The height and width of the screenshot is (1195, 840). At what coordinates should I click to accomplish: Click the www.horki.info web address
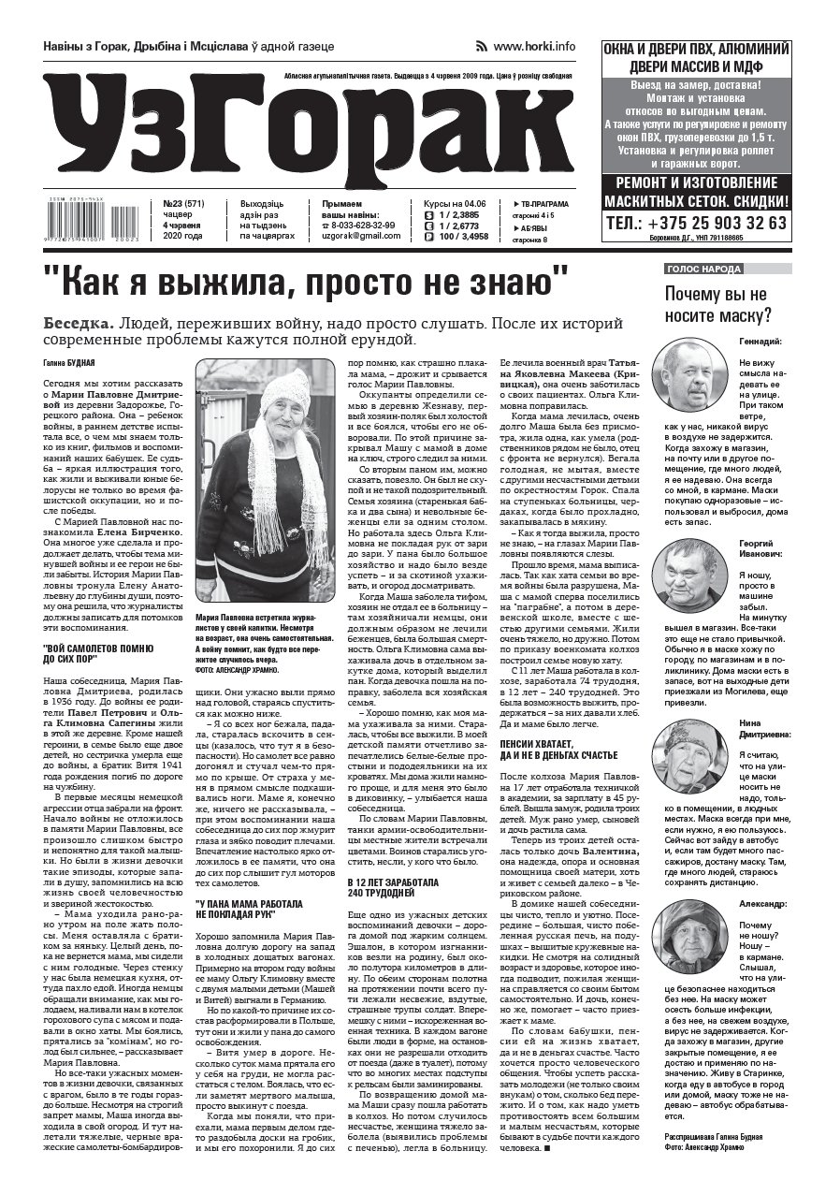tap(534, 46)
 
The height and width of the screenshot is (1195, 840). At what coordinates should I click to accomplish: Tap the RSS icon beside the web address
tap(484, 46)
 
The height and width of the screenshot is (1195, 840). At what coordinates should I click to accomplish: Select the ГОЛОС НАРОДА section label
tap(703, 269)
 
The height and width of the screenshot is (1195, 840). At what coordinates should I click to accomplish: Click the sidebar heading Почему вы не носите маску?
tap(717, 304)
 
